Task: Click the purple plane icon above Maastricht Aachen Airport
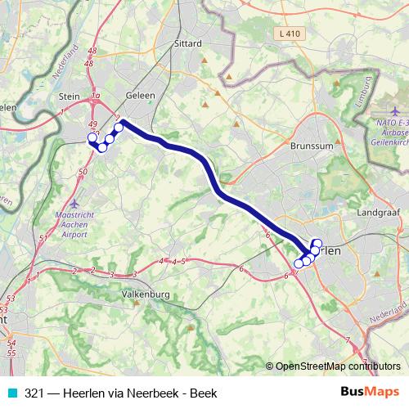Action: (74, 203)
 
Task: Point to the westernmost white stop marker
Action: (92, 137)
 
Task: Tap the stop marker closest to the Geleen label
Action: (119, 127)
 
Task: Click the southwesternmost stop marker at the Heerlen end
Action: (299, 263)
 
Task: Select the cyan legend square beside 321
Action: (11, 393)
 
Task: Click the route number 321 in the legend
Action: (34, 393)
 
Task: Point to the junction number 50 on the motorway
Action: (83, 172)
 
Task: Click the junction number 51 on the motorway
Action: (42, 263)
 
